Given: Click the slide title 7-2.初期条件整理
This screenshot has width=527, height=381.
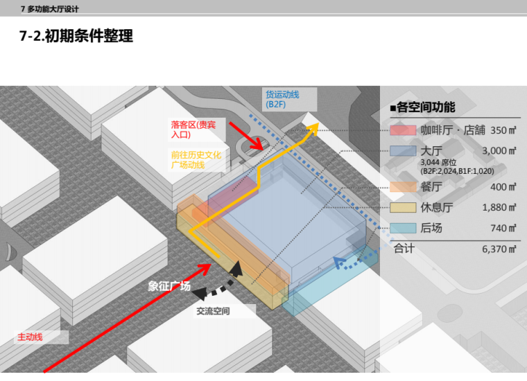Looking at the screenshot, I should click(76, 37).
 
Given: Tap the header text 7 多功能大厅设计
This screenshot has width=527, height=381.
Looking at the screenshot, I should click(50, 8).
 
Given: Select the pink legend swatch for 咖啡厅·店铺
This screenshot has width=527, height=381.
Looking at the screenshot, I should click(402, 130).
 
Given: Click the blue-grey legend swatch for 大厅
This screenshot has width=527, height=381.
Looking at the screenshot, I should click(402, 150).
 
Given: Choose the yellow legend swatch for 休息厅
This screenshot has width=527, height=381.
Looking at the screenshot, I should click(402, 207).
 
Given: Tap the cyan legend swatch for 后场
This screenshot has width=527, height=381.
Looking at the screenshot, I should click(402, 227).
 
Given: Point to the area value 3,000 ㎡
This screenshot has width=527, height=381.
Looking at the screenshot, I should click(499, 150).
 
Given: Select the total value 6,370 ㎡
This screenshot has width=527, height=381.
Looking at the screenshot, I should click(499, 248).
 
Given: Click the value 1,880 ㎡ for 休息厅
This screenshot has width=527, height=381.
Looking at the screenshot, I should click(499, 207).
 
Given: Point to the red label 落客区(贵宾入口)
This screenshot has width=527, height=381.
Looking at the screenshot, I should click(193, 130).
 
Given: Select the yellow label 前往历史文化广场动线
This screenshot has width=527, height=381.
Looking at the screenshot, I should click(196, 160).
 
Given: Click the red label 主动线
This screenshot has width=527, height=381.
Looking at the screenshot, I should click(30, 337).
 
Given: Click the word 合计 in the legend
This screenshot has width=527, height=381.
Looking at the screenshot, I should click(404, 248).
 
